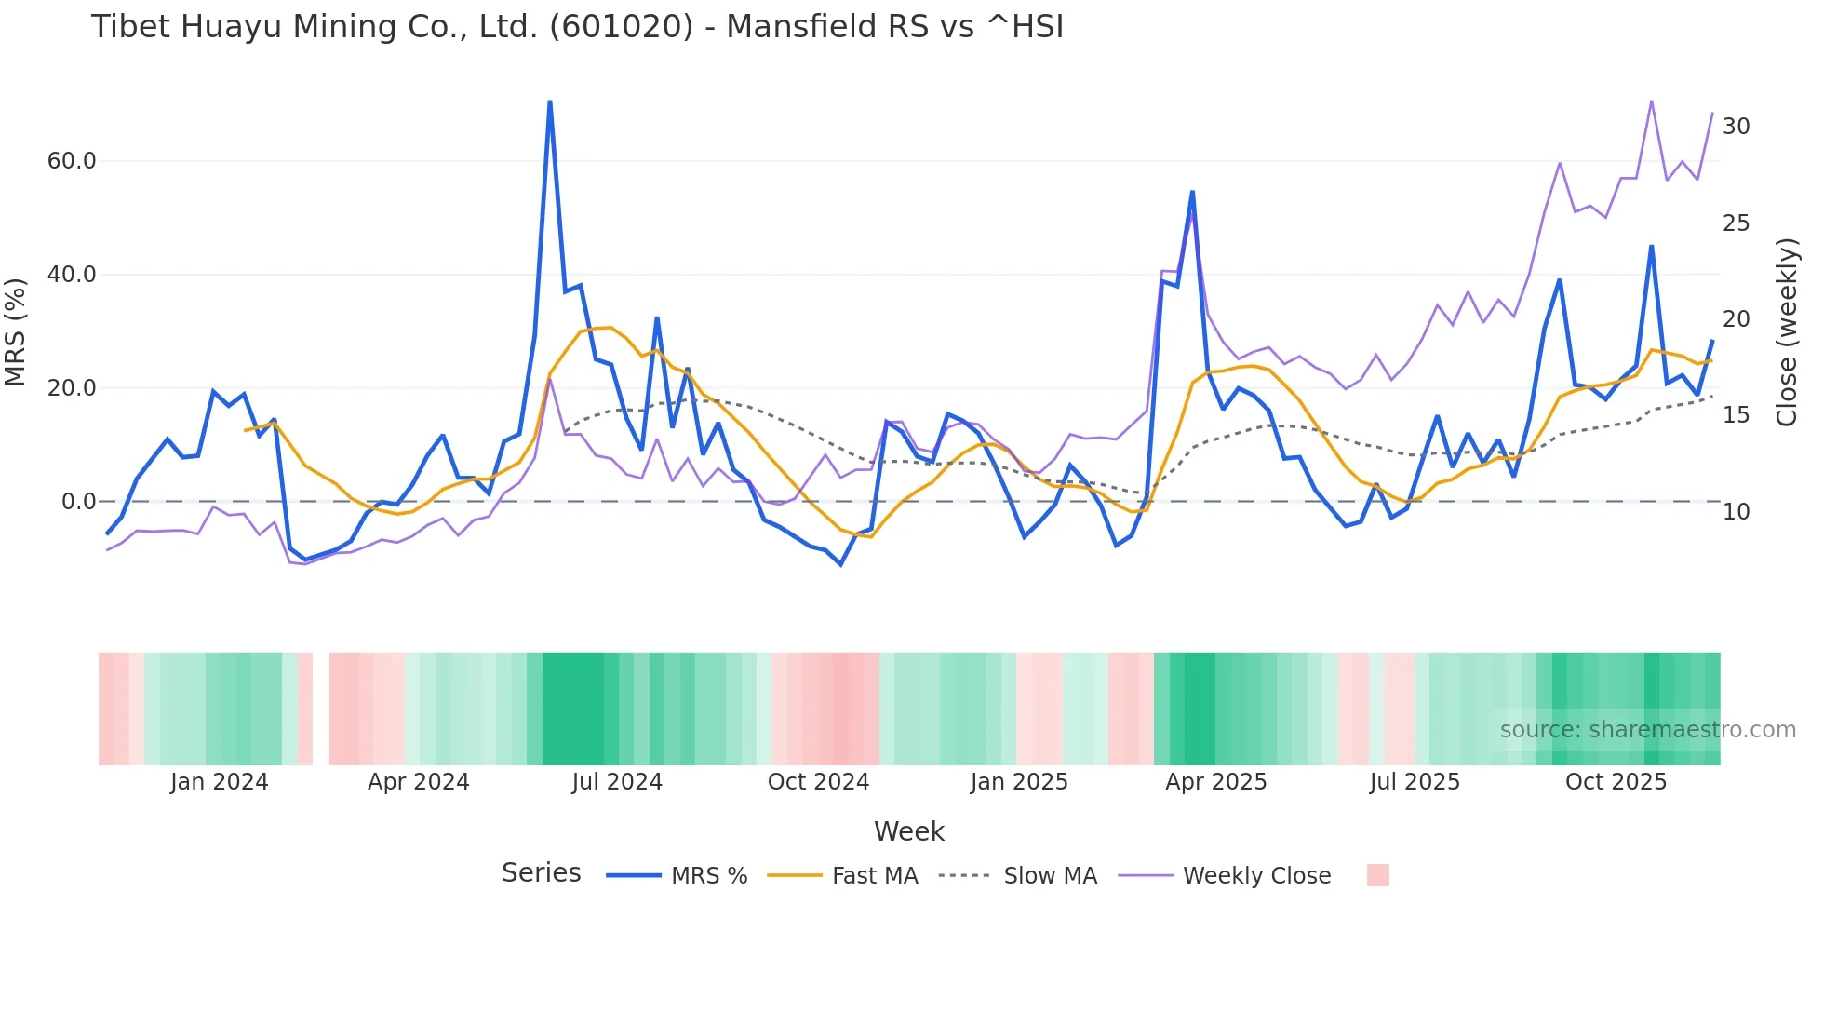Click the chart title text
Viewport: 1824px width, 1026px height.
577,27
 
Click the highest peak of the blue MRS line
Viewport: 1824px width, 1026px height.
550,101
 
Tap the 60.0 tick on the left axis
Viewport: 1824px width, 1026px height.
72,161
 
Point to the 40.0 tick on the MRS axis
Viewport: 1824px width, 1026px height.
72,275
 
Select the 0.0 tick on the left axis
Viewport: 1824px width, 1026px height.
78,502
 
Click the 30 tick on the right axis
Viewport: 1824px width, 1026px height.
1736,127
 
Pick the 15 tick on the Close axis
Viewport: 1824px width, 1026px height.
1736,415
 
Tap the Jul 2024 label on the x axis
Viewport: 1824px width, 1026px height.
617,782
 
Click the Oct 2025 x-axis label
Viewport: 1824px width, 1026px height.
1616,782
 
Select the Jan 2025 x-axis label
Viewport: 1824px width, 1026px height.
1018,782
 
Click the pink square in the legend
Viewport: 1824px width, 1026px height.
1377,875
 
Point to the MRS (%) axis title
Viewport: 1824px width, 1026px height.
16,331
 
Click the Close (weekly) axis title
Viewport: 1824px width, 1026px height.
1786,331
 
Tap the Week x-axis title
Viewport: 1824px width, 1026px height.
908,831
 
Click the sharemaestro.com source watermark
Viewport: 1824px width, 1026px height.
1647,730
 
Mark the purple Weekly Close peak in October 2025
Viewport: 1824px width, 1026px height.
1651,101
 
